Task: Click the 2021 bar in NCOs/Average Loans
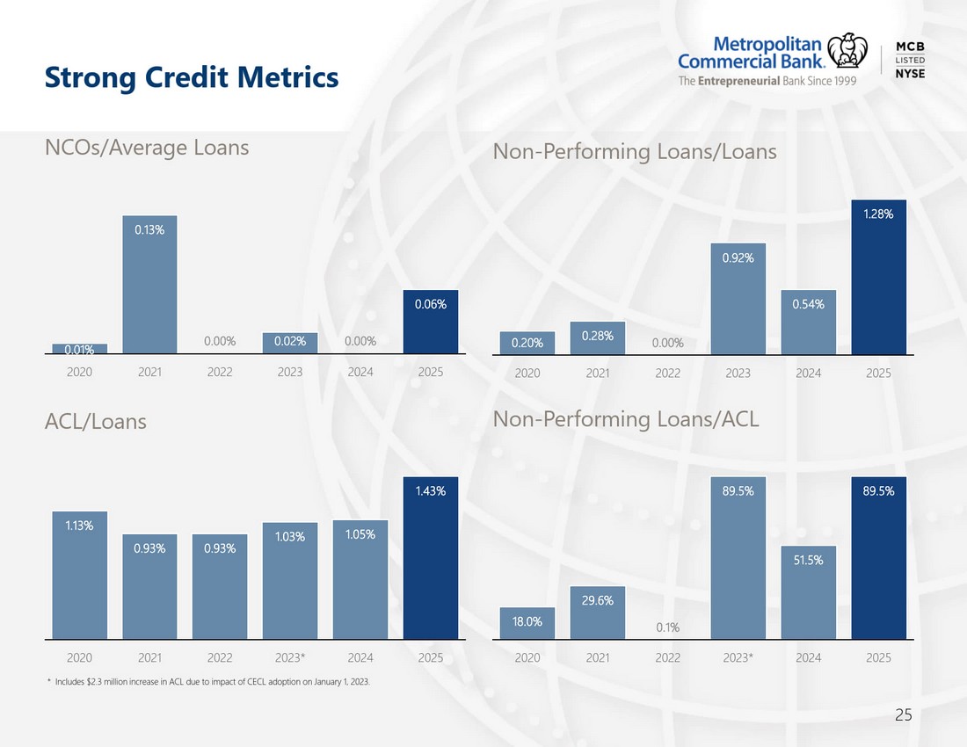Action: pos(149,284)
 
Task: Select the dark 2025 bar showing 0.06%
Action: pos(431,322)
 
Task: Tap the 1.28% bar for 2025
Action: pos(879,278)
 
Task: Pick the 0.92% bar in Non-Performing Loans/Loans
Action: pos(738,299)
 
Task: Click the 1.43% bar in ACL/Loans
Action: pos(431,558)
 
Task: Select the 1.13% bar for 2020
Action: pos(79,575)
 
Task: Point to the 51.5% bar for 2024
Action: pos(809,592)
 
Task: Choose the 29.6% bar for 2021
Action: pos(598,613)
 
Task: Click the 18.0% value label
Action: pos(527,621)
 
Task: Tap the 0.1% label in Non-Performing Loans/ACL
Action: pos(668,627)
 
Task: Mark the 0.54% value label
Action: pos(809,304)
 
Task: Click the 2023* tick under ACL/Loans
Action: pos(290,657)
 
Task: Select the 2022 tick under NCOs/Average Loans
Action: pos(220,372)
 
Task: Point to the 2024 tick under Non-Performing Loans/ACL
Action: pos(809,657)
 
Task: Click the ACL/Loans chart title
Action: pos(96,422)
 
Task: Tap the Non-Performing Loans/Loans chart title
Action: pos(635,152)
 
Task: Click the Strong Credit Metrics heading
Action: pos(192,77)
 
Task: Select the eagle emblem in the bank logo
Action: pos(847,51)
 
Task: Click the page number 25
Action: pos(904,715)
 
